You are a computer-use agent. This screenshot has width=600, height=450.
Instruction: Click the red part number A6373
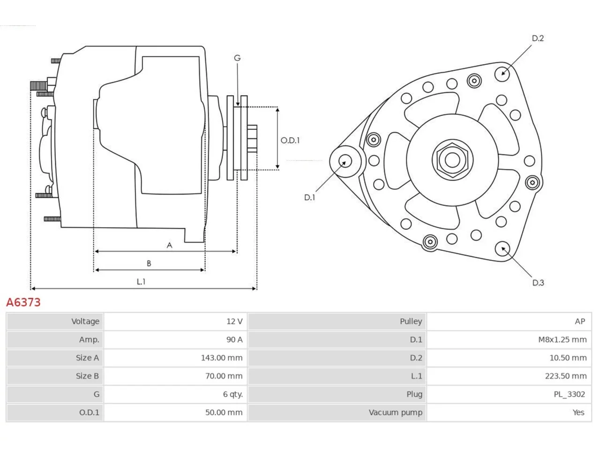[x=23, y=302]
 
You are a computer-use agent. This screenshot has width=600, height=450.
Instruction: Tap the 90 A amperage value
[x=234, y=340]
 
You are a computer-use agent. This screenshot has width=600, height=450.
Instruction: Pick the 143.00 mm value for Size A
[x=221, y=358]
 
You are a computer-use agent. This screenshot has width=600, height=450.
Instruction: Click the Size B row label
[x=87, y=376]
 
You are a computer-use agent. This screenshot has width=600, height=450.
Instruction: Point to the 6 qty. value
[x=232, y=394]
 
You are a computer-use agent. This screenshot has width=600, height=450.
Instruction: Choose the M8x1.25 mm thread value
[x=562, y=340]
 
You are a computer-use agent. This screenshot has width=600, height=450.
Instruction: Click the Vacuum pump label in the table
[x=395, y=412]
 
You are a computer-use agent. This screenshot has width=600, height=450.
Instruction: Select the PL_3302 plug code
[x=570, y=394]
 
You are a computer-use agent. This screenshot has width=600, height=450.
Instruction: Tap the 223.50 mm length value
[x=566, y=376]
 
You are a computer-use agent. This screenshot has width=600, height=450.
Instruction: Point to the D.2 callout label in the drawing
[x=538, y=38]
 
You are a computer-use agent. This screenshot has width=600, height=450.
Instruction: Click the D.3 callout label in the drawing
[x=538, y=283]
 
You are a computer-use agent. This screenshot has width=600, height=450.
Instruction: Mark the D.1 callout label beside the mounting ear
[x=309, y=197]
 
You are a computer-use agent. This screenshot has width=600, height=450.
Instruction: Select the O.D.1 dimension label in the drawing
[x=290, y=141]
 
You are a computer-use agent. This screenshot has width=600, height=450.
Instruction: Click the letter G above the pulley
[x=237, y=58]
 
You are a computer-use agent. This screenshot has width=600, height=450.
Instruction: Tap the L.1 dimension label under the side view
[x=141, y=281]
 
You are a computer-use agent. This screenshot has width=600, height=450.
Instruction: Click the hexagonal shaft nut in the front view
[x=452, y=160]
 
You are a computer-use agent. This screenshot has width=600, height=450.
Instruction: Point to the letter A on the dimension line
[x=170, y=245]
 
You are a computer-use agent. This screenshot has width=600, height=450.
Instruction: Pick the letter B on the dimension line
[x=149, y=263]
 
